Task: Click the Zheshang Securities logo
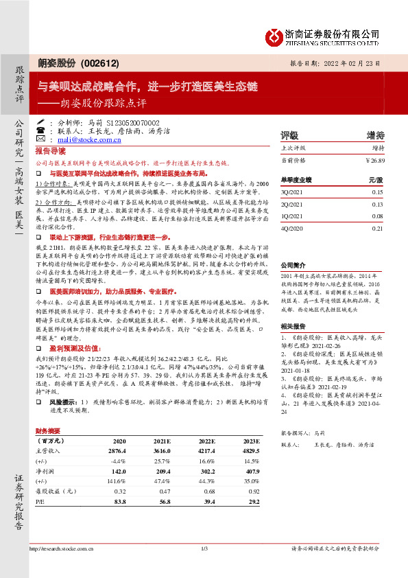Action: pos(334,35)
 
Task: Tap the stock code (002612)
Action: pos(101,63)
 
